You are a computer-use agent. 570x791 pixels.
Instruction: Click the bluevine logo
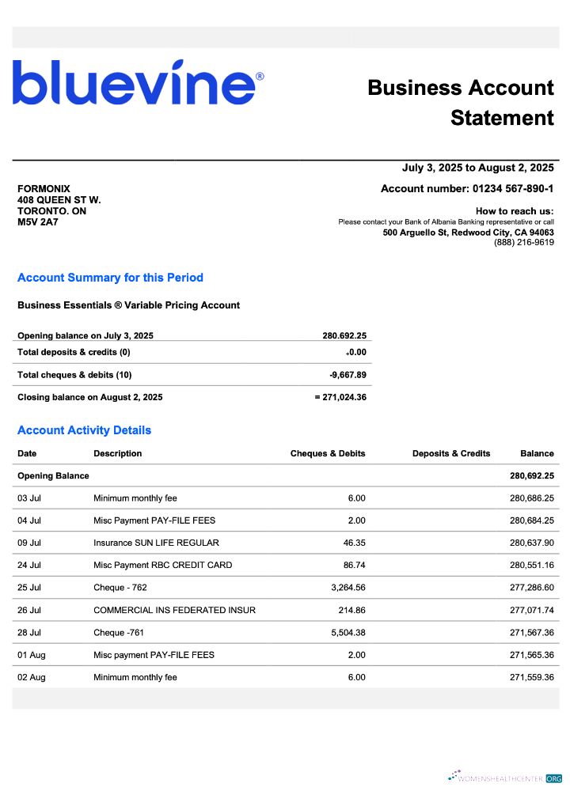click(139, 83)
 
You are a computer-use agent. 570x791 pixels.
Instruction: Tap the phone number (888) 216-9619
click(523, 243)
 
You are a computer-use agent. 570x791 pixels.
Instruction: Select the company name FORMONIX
click(44, 189)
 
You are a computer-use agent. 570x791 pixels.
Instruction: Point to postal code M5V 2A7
click(38, 222)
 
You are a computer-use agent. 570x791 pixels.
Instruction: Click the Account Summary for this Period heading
click(110, 278)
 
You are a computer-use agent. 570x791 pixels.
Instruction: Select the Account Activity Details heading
click(84, 430)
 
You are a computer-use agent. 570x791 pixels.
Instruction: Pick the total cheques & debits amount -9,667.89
click(348, 375)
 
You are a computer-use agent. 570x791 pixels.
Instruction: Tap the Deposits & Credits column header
click(451, 454)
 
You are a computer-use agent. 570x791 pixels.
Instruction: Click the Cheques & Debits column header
click(328, 454)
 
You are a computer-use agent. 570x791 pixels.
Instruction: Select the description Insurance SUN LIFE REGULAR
click(156, 543)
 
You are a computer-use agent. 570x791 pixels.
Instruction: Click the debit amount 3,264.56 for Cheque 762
click(345, 588)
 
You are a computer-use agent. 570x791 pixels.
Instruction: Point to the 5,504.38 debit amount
click(345, 633)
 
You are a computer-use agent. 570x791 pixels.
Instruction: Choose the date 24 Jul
click(28, 566)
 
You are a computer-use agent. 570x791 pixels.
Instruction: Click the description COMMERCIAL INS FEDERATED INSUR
click(174, 611)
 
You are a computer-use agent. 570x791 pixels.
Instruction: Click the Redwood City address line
click(468, 233)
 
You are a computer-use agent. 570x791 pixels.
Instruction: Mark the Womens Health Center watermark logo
click(504, 778)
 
